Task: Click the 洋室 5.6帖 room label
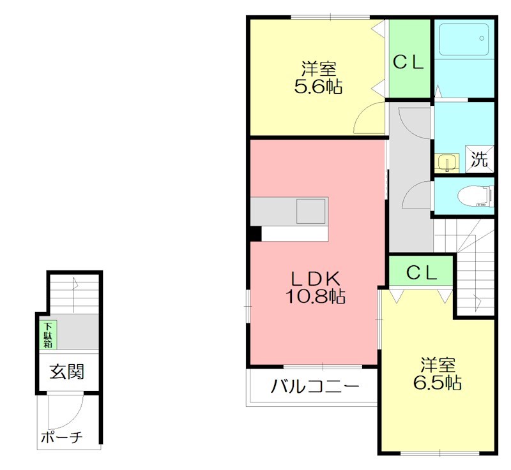tap(318, 78)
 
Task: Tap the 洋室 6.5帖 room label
tap(438, 374)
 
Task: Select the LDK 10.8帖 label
tap(318, 286)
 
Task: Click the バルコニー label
tap(314, 386)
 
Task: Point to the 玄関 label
tap(68, 371)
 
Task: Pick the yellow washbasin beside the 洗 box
tap(446, 162)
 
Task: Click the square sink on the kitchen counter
tap(311, 210)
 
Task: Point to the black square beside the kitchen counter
tap(255, 233)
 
